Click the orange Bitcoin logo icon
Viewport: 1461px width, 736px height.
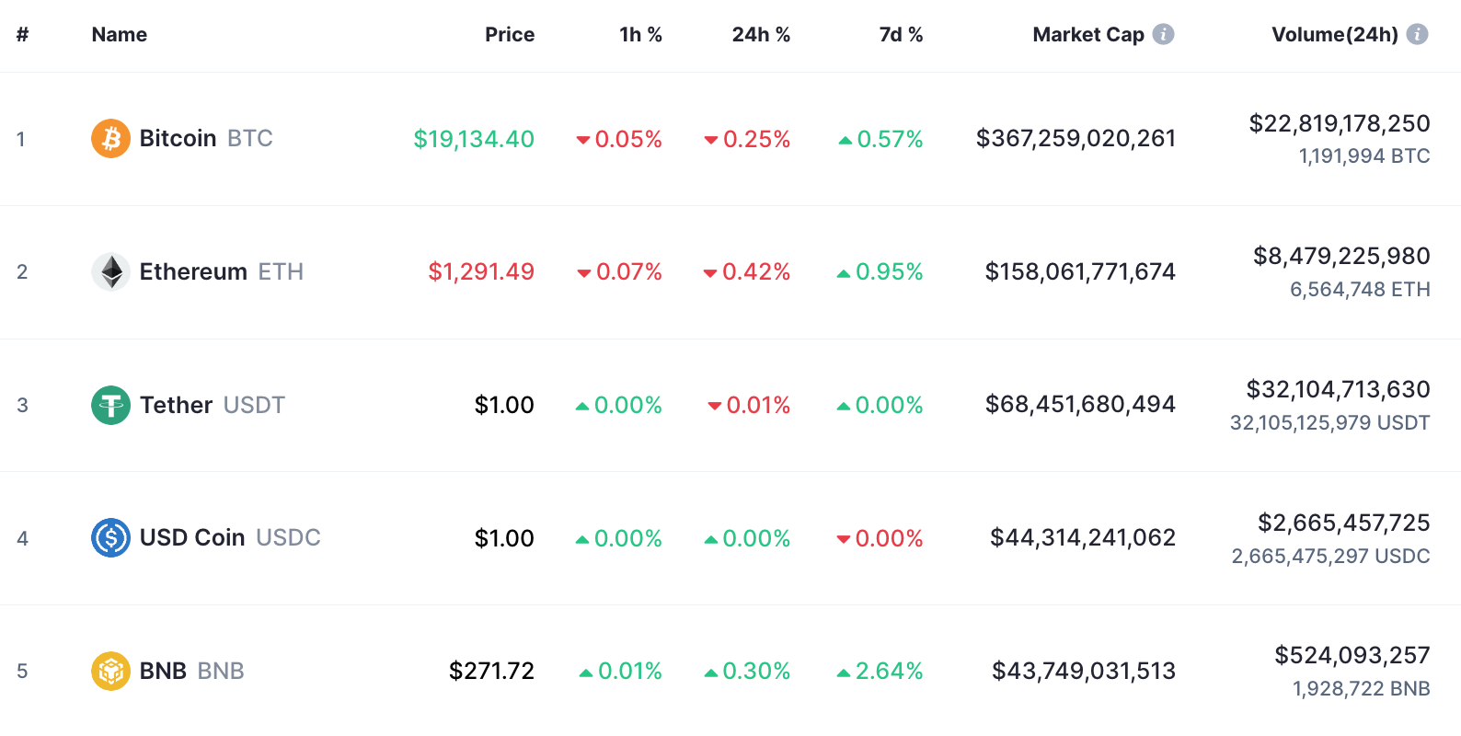[110, 139]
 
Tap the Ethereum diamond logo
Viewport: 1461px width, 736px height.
[110, 271]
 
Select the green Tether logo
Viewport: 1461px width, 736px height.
[110, 405]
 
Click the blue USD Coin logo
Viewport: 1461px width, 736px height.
[110, 538]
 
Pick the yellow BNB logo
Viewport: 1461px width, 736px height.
[110, 671]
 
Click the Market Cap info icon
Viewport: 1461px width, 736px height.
[1164, 34]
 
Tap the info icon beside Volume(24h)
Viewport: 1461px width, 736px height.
[1418, 34]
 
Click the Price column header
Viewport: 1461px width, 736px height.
[510, 35]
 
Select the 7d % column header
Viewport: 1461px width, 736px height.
[901, 35]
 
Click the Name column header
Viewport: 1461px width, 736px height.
[120, 35]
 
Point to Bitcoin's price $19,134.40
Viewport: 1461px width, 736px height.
[474, 139]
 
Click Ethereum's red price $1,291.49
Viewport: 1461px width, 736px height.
[481, 271]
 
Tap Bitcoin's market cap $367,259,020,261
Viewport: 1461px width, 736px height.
[1076, 138]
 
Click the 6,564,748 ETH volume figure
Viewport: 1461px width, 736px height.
[1360, 290]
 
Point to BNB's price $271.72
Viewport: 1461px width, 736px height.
[491, 671]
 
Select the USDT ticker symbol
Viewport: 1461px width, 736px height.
[254, 405]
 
